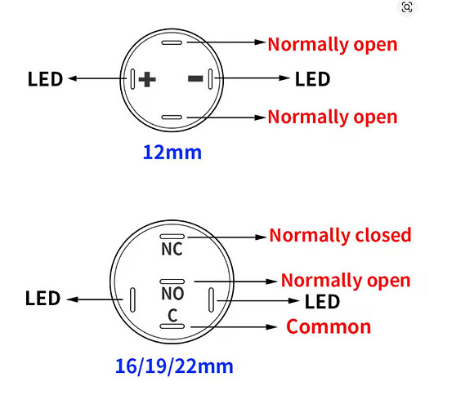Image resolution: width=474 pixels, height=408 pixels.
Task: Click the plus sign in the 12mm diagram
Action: click(x=147, y=79)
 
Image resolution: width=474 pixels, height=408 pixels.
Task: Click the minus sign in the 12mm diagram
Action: click(x=195, y=79)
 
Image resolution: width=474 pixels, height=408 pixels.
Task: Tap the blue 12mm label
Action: click(x=172, y=152)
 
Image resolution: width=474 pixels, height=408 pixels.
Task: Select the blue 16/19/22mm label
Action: click(x=174, y=366)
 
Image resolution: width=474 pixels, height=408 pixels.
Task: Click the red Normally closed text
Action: click(x=340, y=235)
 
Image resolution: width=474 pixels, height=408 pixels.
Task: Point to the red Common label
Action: click(x=329, y=327)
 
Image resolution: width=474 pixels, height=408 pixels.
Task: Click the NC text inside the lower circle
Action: click(x=172, y=249)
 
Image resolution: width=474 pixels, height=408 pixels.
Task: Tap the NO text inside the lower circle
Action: click(x=172, y=294)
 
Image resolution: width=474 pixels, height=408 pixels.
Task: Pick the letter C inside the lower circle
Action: click(x=172, y=316)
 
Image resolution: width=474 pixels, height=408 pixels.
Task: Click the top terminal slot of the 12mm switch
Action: click(x=172, y=42)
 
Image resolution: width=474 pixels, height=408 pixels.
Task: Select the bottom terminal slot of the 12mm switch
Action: click(x=172, y=117)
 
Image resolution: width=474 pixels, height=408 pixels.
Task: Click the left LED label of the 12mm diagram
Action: click(x=45, y=79)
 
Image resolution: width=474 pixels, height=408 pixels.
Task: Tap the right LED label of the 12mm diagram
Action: click(x=312, y=79)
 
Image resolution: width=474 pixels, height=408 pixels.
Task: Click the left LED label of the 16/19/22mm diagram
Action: click(x=43, y=299)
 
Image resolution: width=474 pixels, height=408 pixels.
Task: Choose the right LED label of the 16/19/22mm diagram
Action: click(x=322, y=301)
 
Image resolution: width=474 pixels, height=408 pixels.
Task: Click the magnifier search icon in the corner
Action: click(x=407, y=7)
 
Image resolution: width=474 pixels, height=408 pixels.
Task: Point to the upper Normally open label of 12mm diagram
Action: click(x=333, y=45)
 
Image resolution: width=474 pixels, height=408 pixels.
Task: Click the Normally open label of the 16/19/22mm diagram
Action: click(x=346, y=281)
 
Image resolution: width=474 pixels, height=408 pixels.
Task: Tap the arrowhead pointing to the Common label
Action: click(x=271, y=327)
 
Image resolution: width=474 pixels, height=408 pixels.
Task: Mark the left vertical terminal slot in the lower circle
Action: click(x=132, y=299)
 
